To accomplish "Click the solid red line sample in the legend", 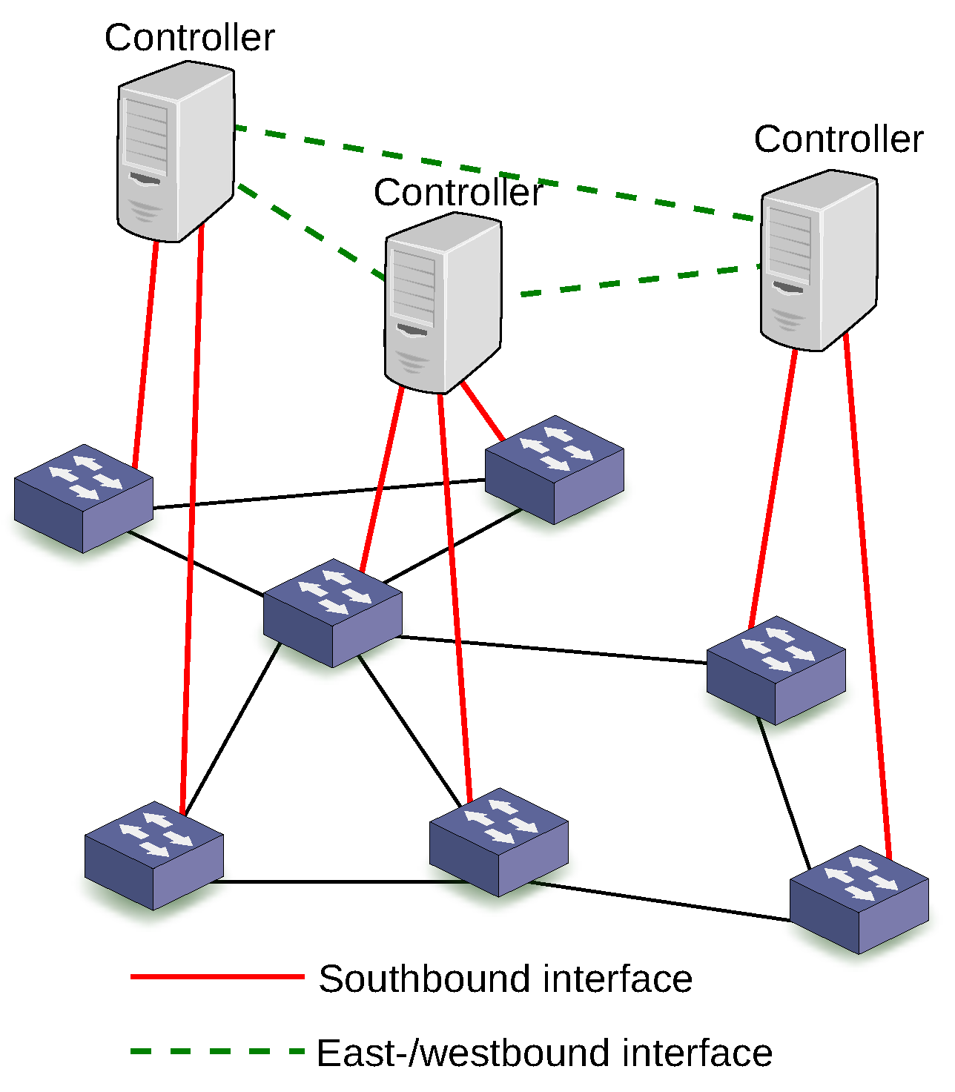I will click(x=217, y=977).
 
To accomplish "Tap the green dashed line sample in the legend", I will click(x=217, y=1050).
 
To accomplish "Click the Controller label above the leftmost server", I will click(x=189, y=37).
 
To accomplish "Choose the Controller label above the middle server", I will click(x=458, y=193).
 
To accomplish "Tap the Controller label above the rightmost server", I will click(x=839, y=139).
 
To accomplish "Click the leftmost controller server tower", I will click(x=176, y=152).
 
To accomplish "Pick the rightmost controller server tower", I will click(x=819, y=260).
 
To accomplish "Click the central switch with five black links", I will click(x=333, y=613).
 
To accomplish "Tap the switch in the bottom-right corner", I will click(x=859, y=899).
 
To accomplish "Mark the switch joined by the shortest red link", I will click(x=555, y=470).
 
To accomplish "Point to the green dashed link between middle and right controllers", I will click(x=638, y=281).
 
